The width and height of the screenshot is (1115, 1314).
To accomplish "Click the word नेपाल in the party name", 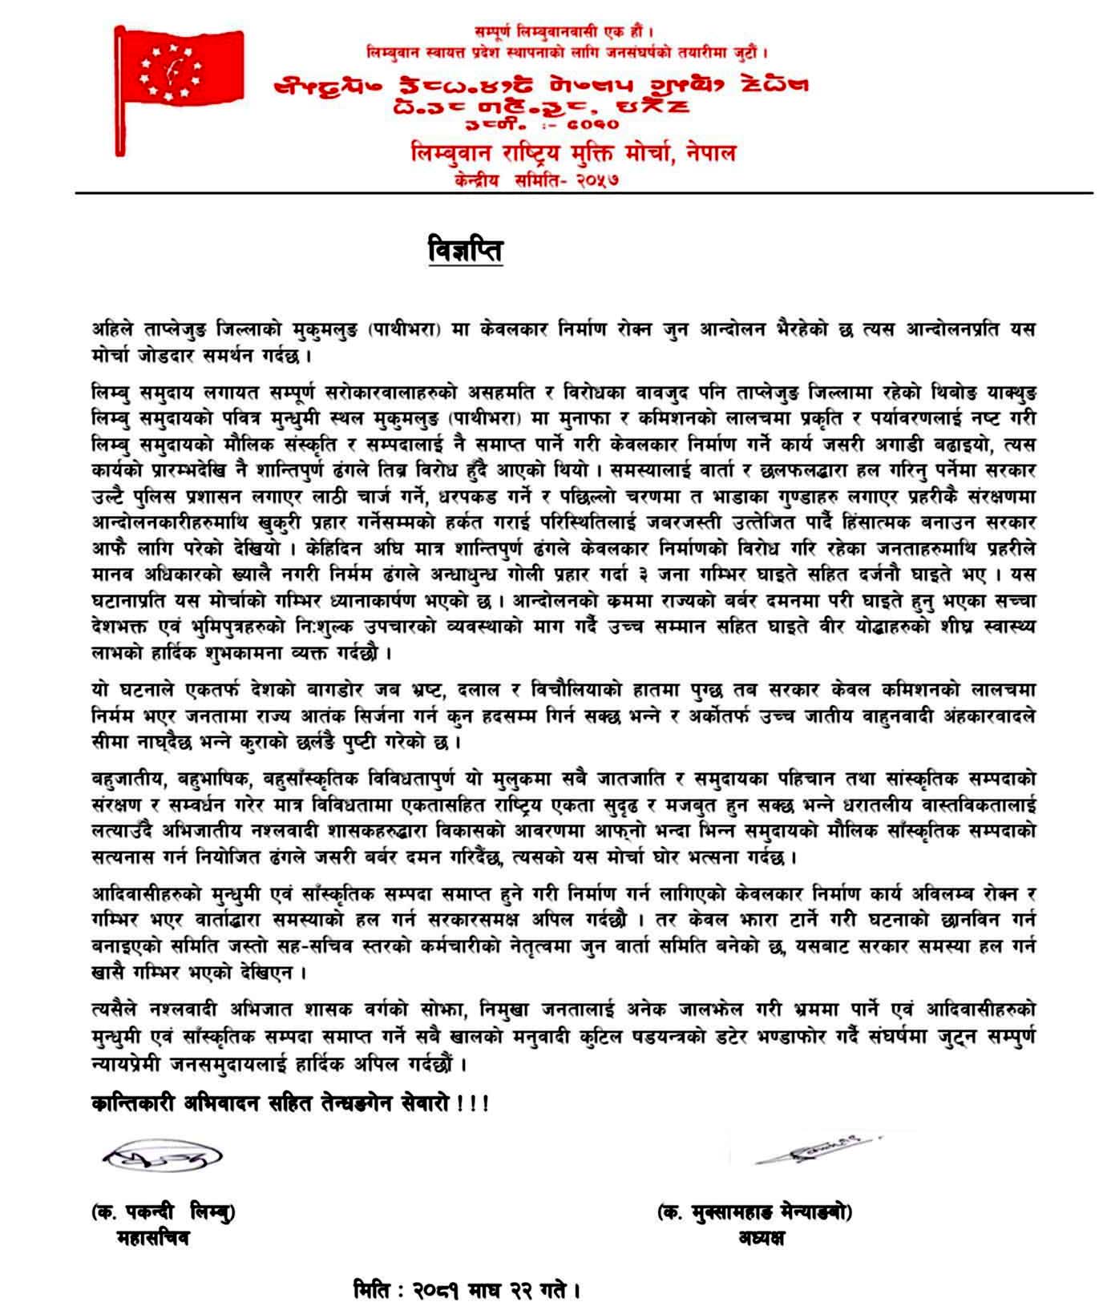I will [x=705, y=153].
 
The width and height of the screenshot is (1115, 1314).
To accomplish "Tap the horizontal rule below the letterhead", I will [x=584, y=193].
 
